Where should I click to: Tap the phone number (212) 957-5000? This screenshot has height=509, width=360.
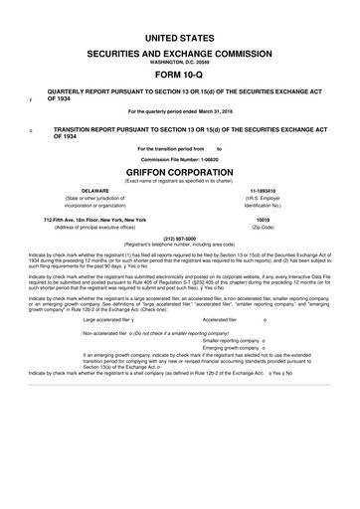pos(180,238)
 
